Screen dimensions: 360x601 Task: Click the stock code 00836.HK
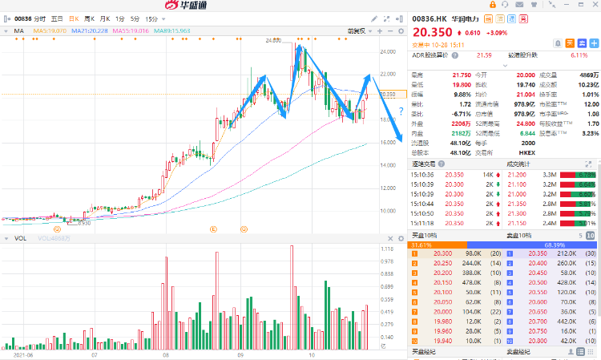(429, 18)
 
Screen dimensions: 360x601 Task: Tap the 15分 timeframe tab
(151, 18)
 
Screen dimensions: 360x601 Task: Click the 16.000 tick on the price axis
(388, 142)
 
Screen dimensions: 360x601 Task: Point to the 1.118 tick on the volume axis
(387, 249)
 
